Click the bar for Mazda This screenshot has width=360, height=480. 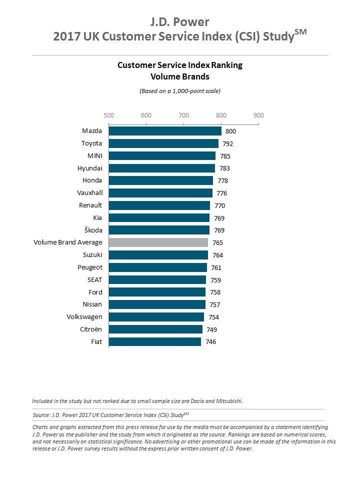click(165, 131)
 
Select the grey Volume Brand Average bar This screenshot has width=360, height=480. click(158, 242)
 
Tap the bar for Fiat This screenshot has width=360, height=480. click(155, 341)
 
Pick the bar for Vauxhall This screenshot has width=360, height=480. click(160, 193)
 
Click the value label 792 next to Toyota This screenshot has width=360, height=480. click(227, 143)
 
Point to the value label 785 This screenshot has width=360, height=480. click(225, 156)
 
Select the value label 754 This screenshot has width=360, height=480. click(213, 317)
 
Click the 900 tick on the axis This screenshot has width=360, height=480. click(258, 115)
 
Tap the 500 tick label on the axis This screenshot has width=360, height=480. click(108, 115)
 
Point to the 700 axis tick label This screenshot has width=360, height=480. click(183, 115)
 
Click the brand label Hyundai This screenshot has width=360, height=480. click(89, 168)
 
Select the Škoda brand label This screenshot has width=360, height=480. click(91, 230)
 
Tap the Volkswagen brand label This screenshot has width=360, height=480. click(84, 317)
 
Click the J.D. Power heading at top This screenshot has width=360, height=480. click(179, 22)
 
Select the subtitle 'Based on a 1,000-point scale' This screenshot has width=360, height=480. click(179, 91)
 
